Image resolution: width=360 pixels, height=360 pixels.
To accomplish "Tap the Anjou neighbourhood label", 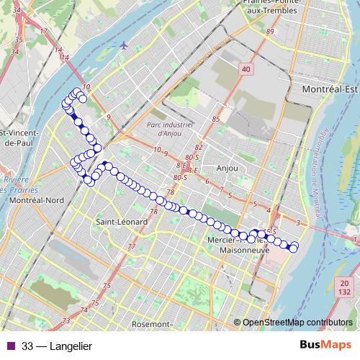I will pyautogui.click(x=227, y=168).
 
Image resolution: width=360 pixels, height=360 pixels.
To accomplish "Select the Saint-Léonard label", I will pyautogui.click(x=122, y=222).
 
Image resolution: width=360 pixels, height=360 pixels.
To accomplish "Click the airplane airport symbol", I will pyautogui.click(x=125, y=45).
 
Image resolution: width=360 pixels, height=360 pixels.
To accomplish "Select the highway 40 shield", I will pyautogui.click(x=246, y=68).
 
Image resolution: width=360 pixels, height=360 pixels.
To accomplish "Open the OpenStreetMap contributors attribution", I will pyautogui.click(x=297, y=323).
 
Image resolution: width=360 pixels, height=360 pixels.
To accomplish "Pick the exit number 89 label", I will pyautogui.click(x=271, y=32).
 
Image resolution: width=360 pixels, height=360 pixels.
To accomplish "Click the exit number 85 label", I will pyautogui.click(x=215, y=118).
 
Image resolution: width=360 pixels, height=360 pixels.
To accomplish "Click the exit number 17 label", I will pyautogui.click(x=43, y=31).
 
